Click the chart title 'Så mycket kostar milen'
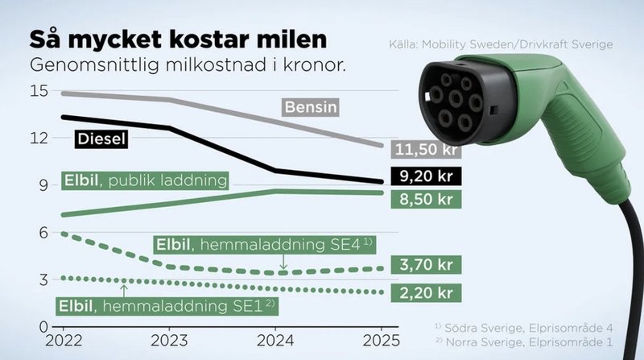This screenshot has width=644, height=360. (x=178, y=39)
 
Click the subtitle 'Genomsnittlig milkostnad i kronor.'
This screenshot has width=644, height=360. (x=188, y=65)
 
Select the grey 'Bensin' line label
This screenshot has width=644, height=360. (x=309, y=106)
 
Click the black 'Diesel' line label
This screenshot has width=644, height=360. (x=103, y=138)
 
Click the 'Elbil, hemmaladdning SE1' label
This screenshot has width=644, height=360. (x=166, y=305)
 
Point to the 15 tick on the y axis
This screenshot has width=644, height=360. (x=39, y=91)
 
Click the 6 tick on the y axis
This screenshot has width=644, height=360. (x=43, y=232)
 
